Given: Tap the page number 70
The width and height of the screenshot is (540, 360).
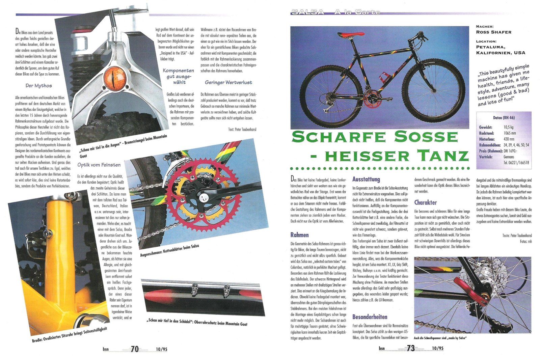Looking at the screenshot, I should [x=135, y=349].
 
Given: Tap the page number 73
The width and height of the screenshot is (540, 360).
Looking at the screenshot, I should [x=410, y=348].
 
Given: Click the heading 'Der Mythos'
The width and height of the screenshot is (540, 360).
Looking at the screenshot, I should [x=39, y=86].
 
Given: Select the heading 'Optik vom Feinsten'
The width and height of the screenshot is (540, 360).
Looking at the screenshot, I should [x=99, y=165].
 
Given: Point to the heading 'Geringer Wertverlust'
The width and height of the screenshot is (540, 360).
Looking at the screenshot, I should [x=228, y=82].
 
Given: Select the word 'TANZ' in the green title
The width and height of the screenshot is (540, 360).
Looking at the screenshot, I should [x=442, y=156].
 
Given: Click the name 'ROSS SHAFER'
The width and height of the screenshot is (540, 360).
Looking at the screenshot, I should [x=493, y=32].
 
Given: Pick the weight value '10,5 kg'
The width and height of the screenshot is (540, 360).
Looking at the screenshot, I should [x=509, y=127].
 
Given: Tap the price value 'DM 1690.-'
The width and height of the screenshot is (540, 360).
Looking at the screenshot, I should [x=510, y=151].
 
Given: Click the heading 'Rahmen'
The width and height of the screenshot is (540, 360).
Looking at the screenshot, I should [x=299, y=235].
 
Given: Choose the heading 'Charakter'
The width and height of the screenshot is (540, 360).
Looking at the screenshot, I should [x=425, y=202].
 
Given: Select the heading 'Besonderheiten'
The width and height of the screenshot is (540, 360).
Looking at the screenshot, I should [x=370, y=317].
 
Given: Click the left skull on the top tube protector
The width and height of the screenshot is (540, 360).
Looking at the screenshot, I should [x=195, y=289].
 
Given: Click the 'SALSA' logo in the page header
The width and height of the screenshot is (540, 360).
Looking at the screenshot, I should [x=307, y=12].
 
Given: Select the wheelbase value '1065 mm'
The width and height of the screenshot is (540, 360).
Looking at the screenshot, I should [x=510, y=133].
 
